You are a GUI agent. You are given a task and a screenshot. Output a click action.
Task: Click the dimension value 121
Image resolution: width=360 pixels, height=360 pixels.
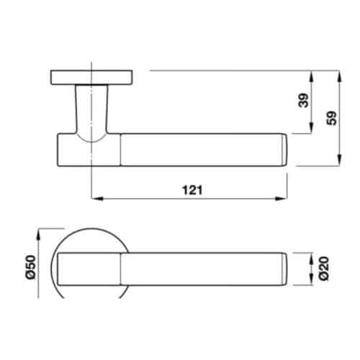click(x=191, y=189)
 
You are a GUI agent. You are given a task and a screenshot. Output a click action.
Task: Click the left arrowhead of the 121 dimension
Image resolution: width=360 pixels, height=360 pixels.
click(x=96, y=197)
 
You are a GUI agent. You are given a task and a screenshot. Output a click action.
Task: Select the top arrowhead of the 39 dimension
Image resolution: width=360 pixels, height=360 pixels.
click(x=310, y=75)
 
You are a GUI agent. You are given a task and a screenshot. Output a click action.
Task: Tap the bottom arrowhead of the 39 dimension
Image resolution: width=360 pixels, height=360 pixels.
click(x=310, y=130)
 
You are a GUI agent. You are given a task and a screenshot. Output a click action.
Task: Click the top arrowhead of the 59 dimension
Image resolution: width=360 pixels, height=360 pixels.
click(x=338, y=75)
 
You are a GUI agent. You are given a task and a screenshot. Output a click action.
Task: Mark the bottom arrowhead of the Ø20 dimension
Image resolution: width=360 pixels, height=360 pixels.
click(x=311, y=279)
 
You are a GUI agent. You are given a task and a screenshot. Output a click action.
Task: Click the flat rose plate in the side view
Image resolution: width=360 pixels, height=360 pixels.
click(x=91, y=76)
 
